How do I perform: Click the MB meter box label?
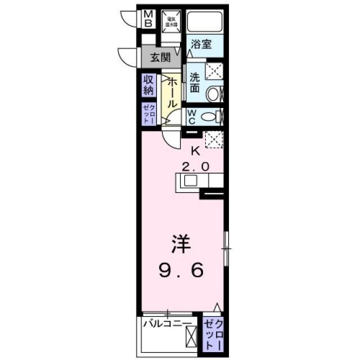click(148, 19)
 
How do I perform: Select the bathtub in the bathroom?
click(205, 22)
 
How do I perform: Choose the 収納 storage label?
click(148, 84)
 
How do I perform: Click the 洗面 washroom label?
click(195, 83)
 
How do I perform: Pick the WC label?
click(191, 116)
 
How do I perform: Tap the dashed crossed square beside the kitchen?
click(213, 139)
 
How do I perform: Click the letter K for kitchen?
click(196, 150)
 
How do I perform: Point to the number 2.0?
click(196, 166)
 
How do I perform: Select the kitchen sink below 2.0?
click(189, 181)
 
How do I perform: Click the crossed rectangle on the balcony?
click(191, 337)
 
